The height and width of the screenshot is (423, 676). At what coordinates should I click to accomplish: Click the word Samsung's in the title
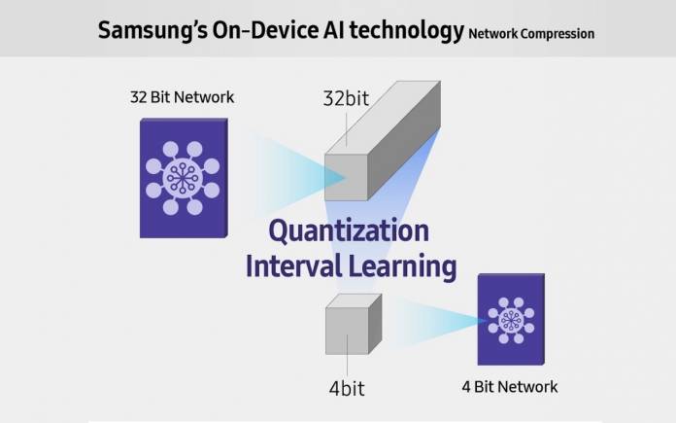click(152, 31)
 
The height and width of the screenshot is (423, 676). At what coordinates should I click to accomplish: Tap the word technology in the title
click(406, 31)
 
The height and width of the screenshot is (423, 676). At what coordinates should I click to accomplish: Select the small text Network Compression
click(531, 34)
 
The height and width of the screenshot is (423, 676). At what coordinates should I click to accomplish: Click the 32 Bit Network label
click(182, 97)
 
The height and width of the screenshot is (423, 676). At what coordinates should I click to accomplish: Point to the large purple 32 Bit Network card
click(184, 178)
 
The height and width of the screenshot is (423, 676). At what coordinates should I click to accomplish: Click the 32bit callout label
click(346, 98)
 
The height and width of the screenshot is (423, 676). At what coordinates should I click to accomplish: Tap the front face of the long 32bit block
click(346, 177)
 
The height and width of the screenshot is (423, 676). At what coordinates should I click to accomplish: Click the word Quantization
click(349, 230)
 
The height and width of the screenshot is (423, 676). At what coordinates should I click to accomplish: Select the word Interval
click(293, 265)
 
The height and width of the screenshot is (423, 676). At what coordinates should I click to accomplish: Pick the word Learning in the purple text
click(402, 266)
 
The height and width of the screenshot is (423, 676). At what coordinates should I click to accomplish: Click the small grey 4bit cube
click(354, 324)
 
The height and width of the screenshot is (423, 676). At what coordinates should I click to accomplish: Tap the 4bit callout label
click(347, 388)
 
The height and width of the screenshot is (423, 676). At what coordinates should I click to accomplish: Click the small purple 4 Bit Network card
click(511, 319)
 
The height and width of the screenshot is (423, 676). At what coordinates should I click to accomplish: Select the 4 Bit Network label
click(510, 387)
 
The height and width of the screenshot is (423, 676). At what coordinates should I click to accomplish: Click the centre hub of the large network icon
click(183, 178)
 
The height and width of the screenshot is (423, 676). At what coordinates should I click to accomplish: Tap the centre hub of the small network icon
click(511, 321)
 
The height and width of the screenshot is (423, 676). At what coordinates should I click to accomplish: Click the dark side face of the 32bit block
click(403, 140)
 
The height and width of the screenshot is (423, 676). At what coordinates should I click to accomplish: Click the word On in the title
click(227, 30)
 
